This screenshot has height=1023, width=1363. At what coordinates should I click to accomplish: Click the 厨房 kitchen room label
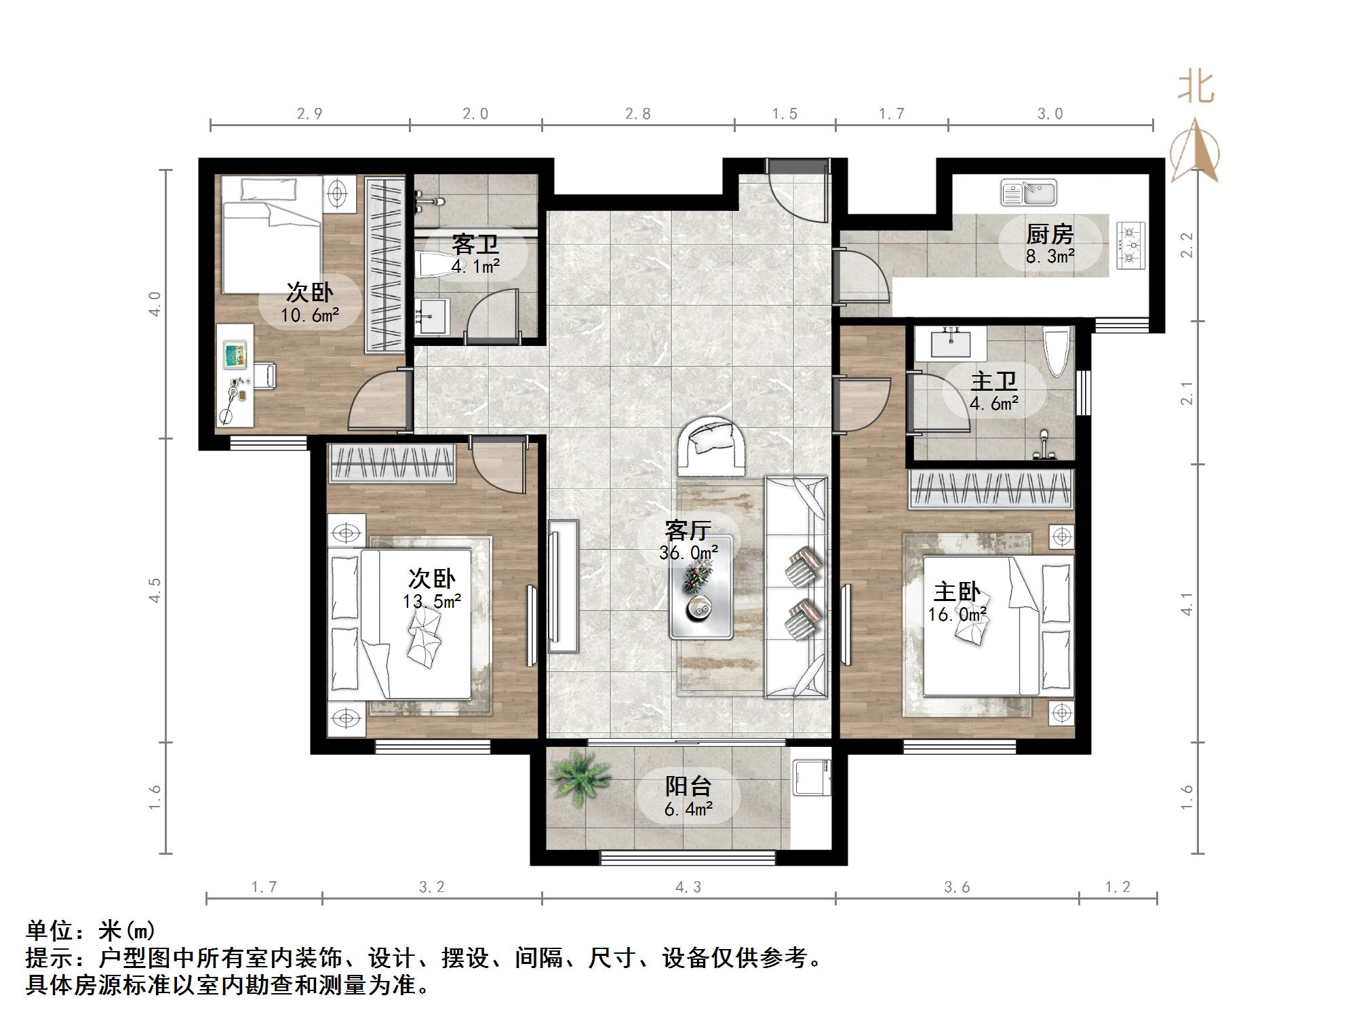(1049, 235)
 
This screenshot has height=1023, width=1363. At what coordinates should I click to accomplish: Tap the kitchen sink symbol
(1029, 193)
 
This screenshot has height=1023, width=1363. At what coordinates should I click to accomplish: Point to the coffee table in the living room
(701, 587)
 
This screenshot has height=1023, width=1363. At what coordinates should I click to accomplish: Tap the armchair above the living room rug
(713, 445)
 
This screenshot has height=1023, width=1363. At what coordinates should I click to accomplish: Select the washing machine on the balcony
(812, 776)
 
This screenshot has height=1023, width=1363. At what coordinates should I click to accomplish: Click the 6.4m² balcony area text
(688, 809)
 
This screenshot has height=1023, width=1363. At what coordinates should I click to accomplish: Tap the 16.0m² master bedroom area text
(957, 615)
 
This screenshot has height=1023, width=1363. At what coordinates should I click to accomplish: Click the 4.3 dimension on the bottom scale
(688, 887)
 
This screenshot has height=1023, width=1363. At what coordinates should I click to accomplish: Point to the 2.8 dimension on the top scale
(637, 113)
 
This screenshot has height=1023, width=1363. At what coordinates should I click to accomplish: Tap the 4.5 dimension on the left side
(155, 590)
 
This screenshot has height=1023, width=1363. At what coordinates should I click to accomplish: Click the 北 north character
(1196, 88)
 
